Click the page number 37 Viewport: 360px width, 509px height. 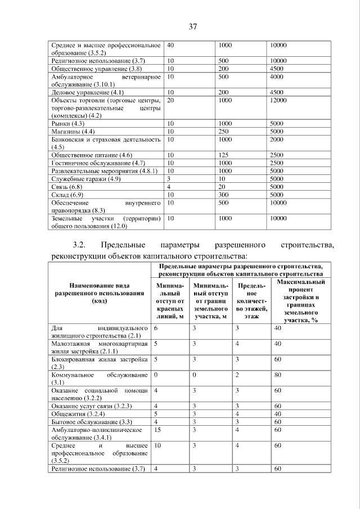[x=191, y=26]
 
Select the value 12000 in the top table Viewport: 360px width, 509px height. [x=279, y=100]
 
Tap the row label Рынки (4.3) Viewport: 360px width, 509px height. [x=67, y=123]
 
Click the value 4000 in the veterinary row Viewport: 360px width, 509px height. [x=276, y=76]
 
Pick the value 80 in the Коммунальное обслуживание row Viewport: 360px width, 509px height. [x=277, y=375]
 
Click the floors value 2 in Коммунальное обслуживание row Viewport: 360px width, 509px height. [x=237, y=375]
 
